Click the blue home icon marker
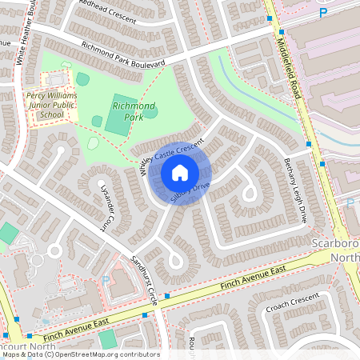click(180, 173)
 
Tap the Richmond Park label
click(133, 110)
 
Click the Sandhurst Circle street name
click(143, 277)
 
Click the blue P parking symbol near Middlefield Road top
click(323, 13)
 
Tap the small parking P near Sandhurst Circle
click(106, 280)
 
